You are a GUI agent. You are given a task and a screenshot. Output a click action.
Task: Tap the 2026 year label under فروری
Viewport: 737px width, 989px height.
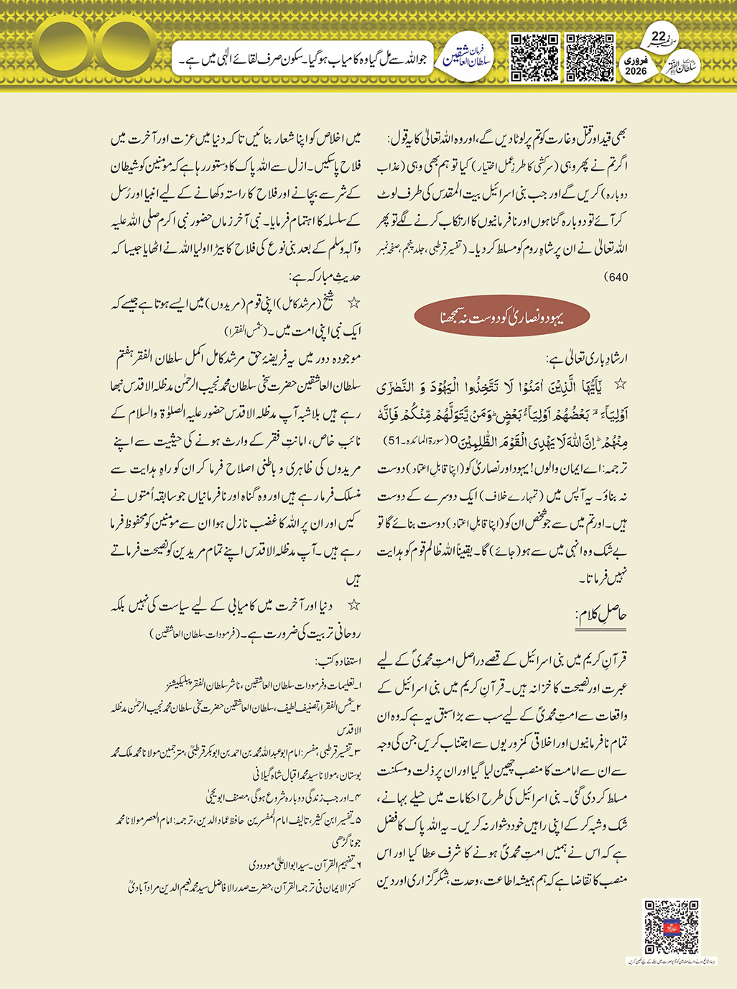click(636, 71)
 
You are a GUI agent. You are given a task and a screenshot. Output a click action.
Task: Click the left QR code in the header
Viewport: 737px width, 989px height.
click(534, 57)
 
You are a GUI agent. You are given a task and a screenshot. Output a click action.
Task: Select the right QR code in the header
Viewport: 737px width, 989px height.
click(590, 57)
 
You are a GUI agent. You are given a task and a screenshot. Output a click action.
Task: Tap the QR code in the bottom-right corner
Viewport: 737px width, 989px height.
click(671, 926)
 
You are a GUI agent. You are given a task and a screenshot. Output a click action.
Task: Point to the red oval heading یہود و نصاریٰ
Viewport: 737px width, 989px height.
click(502, 317)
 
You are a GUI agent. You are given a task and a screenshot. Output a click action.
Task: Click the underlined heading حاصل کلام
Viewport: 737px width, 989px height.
click(601, 615)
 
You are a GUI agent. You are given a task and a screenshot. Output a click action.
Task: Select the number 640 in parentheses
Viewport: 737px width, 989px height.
click(616, 277)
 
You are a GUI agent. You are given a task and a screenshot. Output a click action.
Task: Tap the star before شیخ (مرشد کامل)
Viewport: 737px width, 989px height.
click(353, 303)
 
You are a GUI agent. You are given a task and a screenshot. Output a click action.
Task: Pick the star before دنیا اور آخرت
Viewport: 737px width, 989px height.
click(353, 605)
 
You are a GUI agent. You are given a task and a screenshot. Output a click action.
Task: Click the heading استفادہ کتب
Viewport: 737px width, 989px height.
click(338, 661)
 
